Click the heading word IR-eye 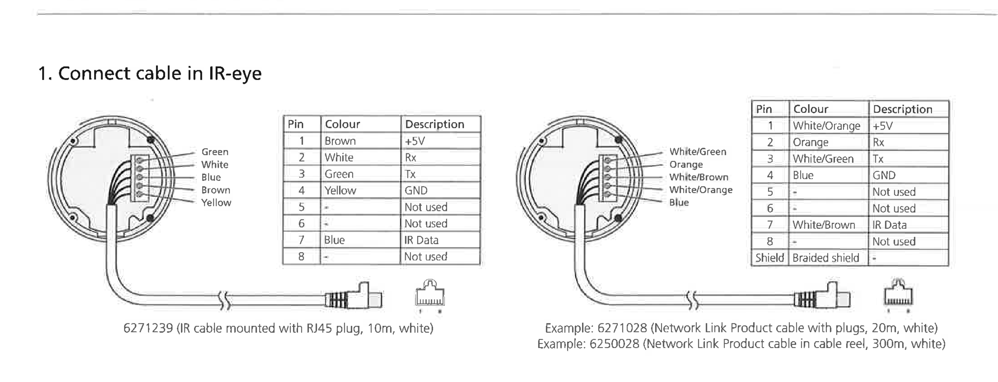click(235, 73)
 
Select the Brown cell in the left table click(340, 141)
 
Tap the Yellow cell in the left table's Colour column click(340, 190)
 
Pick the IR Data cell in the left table click(421, 240)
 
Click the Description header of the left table click(434, 124)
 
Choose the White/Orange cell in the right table click(826, 126)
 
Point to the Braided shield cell click(825, 258)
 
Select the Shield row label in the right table click(770, 258)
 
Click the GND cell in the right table click(884, 175)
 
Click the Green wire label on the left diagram click(215, 152)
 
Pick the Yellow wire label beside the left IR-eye click(216, 202)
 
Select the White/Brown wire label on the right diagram click(699, 177)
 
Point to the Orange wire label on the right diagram click(686, 164)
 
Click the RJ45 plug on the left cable click(355, 298)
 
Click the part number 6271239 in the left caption click(148, 329)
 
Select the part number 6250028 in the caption click(614, 344)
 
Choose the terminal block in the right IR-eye click(607, 177)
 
